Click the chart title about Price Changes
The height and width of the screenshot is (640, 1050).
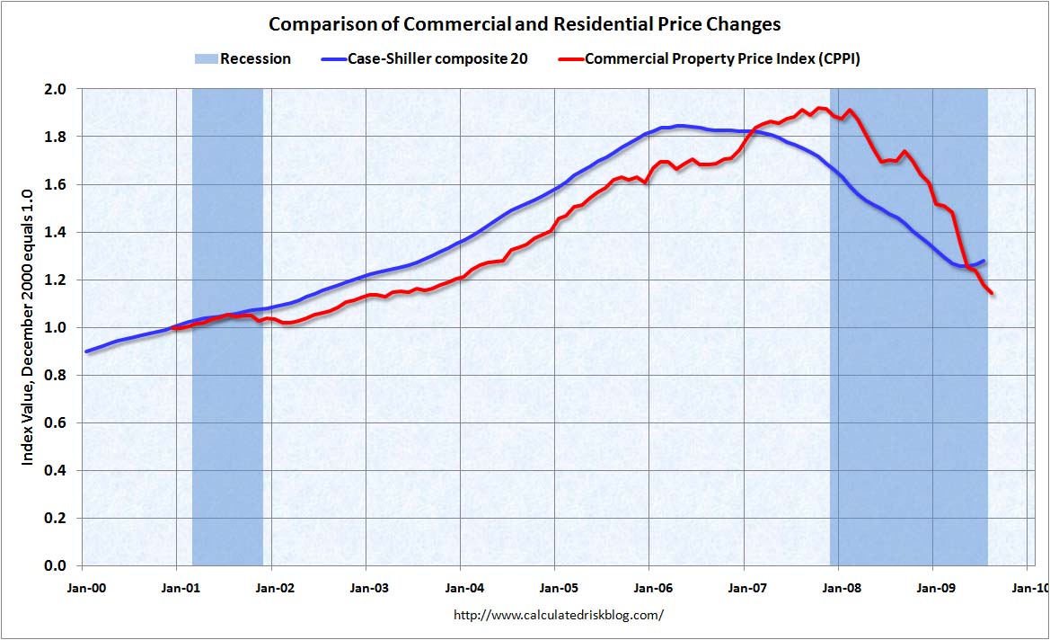tap(525, 23)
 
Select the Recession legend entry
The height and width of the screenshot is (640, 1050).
tap(243, 58)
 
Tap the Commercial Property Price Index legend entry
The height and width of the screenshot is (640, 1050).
tap(714, 58)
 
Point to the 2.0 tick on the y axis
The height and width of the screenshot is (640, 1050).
tap(56, 89)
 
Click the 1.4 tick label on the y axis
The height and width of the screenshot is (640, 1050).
tap(56, 232)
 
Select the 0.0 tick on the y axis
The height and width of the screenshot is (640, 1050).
tap(56, 565)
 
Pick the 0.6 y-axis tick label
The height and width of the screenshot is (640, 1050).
tap(56, 422)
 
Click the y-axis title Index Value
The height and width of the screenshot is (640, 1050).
tap(28, 327)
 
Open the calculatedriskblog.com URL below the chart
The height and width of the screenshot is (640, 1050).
tap(560, 616)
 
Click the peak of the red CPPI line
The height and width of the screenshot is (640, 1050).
tap(819, 108)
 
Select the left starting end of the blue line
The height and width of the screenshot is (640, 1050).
tap(85, 351)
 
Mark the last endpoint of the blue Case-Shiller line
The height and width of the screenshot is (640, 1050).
tap(984, 261)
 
